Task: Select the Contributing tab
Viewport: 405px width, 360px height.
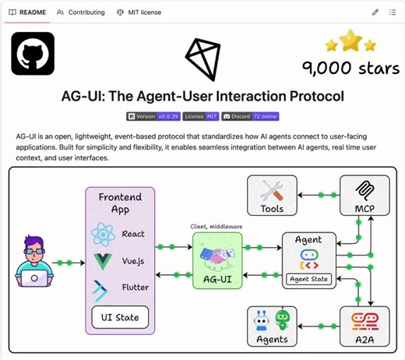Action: pyautogui.click(x=81, y=12)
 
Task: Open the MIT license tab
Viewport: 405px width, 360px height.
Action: pyautogui.click(x=139, y=12)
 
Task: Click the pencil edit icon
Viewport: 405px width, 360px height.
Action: pyautogui.click(x=375, y=12)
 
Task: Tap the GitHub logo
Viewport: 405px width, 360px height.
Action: pyautogui.click(x=33, y=54)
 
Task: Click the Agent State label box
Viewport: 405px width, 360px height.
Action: pyautogui.click(x=308, y=278)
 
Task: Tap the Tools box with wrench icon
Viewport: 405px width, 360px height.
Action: pyautogui.click(x=273, y=197)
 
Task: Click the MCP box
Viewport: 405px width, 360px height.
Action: pyautogui.click(x=364, y=197)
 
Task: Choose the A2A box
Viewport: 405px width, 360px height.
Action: pyautogui.click(x=364, y=326)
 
